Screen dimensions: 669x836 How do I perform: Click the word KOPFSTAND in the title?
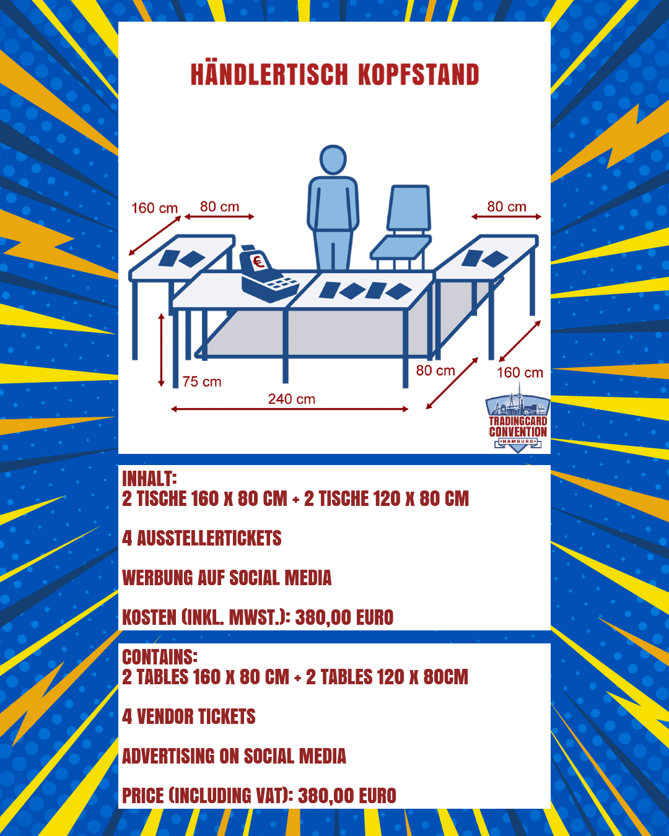point(418,74)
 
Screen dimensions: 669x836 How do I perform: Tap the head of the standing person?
point(333,160)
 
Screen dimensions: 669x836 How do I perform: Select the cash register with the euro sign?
point(268,273)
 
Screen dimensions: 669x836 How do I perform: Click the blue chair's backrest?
point(409,208)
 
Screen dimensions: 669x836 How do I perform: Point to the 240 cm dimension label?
point(292,399)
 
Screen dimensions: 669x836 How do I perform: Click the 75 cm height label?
point(202,382)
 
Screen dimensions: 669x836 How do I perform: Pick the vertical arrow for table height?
point(161,350)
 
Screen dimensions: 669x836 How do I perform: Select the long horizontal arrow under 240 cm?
point(290,409)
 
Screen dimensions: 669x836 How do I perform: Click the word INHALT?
point(150,479)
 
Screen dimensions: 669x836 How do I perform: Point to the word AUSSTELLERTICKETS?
point(209,538)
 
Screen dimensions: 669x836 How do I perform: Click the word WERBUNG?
point(157,578)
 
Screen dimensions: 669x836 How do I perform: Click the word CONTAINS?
point(160,657)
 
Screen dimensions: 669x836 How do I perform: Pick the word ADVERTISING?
point(168,756)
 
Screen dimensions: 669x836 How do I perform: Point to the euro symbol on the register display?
point(258,262)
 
